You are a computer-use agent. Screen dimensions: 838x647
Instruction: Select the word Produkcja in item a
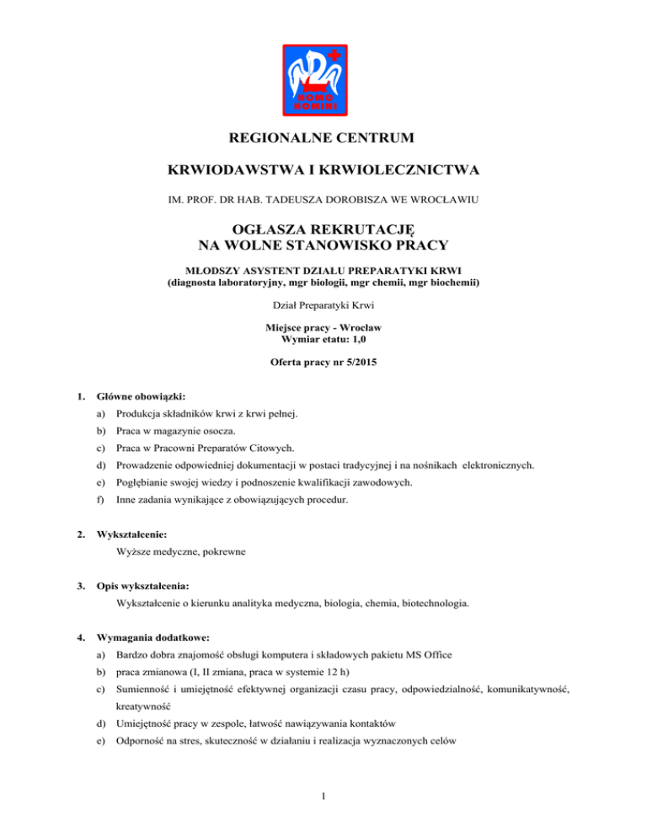pyautogui.click(x=142, y=413)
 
